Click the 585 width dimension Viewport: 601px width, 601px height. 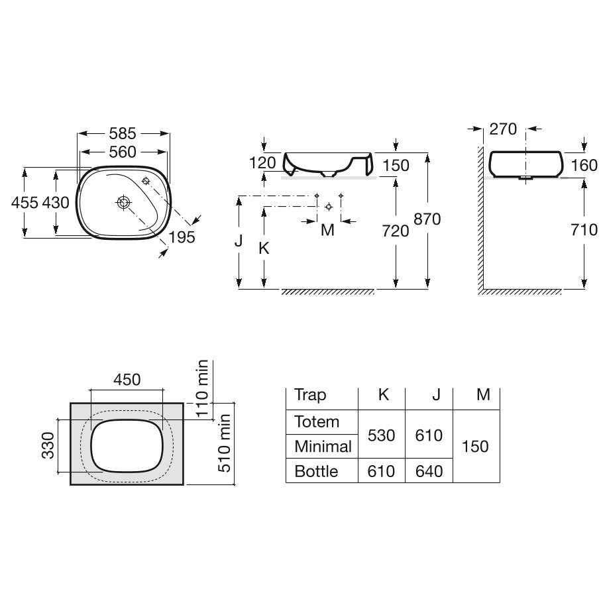click(x=123, y=133)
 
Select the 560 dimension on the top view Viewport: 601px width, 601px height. click(x=123, y=152)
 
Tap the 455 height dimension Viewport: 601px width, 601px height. click(x=25, y=203)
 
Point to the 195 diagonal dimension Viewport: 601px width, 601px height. click(x=182, y=237)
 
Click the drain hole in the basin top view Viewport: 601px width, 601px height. click(x=123, y=202)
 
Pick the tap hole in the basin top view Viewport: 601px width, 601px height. click(x=146, y=181)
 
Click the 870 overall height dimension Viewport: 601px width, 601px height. click(x=427, y=219)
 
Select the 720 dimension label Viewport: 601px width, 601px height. click(x=396, y=231)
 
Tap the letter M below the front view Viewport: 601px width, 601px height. click(x=328, y=231)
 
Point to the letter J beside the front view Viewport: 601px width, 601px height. click(x=239, y=241)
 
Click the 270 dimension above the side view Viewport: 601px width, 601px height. click(x=503, y=129)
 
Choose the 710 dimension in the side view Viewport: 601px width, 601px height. click(x=584, y=230)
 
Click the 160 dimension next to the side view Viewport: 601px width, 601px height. click(x=584, y=166)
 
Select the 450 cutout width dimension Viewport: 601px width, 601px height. click(x=127, y=380)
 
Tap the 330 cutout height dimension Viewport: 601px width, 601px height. click(x=48, y=445)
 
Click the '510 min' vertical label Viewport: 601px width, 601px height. click(x=224, y=443)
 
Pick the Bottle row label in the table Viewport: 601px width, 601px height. click(x=316, y=471)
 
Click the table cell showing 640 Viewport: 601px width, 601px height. click(x=429, y=471)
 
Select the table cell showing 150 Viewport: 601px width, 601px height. click(x=475, y=447)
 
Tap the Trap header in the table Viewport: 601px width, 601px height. click(x=310, y=395)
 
